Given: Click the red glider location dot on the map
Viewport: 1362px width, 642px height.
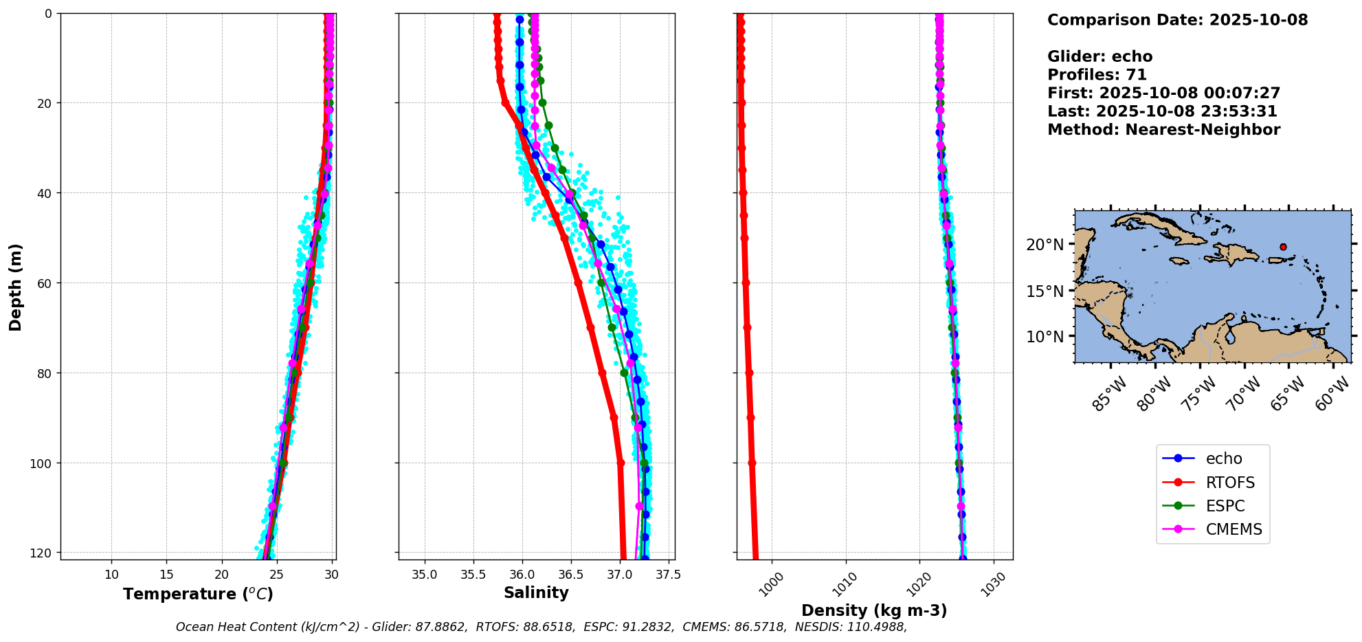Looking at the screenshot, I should (x=1283, y=247).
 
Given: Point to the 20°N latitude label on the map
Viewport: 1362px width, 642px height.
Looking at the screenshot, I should (x=1045, y=245).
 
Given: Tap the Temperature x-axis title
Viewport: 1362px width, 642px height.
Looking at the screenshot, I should (x=198, y=594).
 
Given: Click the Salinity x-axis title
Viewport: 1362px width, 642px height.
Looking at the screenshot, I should (x=536, y=593).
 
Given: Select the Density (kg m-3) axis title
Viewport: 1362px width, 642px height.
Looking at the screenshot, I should (x=874, y=610).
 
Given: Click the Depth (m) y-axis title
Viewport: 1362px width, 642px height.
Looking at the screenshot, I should (x=15, y=287).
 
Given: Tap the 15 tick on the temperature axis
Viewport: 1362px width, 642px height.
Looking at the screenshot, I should (x=166, y=575).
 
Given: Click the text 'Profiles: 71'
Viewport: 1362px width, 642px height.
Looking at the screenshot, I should (x=1097, y=75).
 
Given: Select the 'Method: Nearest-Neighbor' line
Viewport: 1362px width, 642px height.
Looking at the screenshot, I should (x=1163, y=130).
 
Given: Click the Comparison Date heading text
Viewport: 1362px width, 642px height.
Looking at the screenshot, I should (x=1177, y=20).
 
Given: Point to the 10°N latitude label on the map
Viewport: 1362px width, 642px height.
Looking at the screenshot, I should (x=1045, y=337).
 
